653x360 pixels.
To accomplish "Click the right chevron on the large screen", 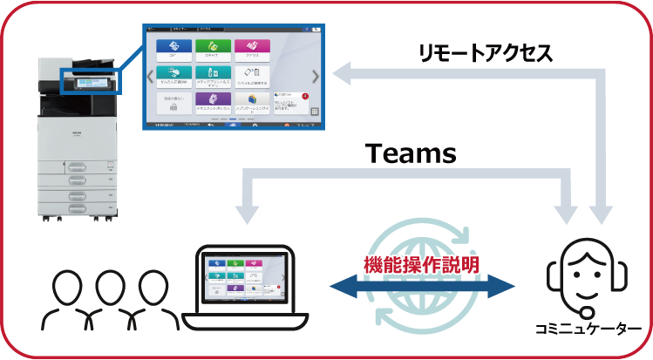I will (x=315, y=77).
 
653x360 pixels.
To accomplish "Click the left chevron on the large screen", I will (x=150, y=77).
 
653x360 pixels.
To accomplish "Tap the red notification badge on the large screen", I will (x=305, y=95).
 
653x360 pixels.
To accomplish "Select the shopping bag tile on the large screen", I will (x=252, y=103).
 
